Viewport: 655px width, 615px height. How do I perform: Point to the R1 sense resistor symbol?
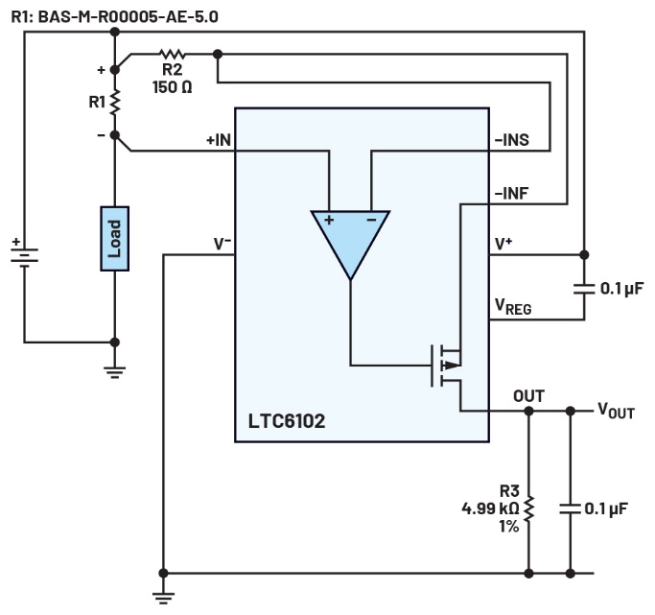click(115, 101)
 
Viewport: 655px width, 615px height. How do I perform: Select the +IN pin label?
click(218, 140)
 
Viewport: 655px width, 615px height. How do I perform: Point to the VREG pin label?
click(512, 306)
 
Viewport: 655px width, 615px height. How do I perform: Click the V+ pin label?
click(503, 244)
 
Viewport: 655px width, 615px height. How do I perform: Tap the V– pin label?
click(222, 244)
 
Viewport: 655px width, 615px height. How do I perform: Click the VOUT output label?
click(615, 412)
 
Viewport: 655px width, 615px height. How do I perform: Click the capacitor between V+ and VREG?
click(585, 287)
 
